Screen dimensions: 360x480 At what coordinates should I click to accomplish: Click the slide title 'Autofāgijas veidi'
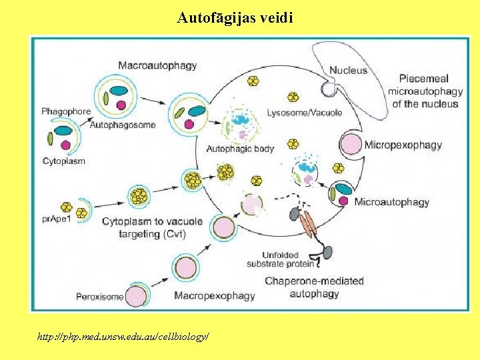pos(235,17)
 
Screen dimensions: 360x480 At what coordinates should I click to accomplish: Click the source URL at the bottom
pos(123,337)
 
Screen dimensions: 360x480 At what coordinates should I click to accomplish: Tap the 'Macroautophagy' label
pos(157,65)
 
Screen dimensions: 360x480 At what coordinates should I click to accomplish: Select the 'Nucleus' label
pos(348,70)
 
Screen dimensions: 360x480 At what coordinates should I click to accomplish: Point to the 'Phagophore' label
pos(66,111)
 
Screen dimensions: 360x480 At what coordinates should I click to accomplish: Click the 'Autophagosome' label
pos(122,125)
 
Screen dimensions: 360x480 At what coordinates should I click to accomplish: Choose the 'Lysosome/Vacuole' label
pos(304,113)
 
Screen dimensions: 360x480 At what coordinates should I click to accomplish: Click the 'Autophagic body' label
pos(240,149)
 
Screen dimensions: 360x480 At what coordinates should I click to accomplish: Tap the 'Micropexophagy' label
pos(403,145)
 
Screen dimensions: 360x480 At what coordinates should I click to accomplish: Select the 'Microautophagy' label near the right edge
pos(391,202)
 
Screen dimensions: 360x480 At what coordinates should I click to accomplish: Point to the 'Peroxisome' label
pos(99,296)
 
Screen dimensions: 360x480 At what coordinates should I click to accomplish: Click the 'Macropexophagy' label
pos(214,295)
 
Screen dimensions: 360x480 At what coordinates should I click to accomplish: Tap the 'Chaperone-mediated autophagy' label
pos(314,287)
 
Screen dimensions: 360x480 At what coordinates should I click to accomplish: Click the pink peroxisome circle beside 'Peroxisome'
pos(137,295)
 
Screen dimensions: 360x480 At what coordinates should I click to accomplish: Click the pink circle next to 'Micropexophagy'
pos(351,145)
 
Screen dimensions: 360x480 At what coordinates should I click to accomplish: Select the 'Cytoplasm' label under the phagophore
pos(63,161)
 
